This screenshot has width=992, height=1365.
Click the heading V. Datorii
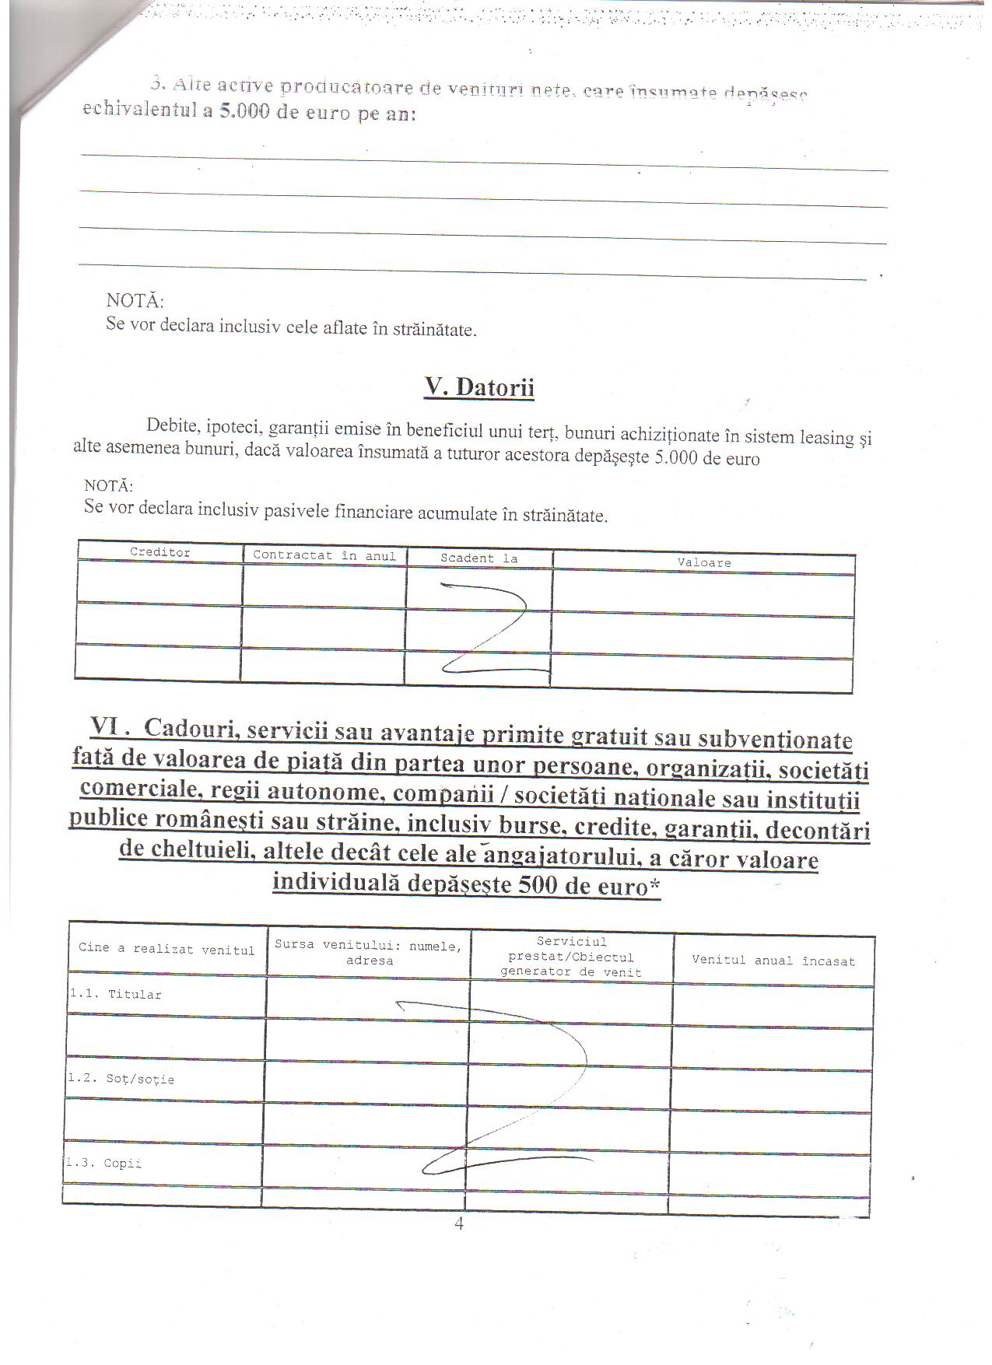[x=478, y=387]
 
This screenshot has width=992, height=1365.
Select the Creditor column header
[x=160, y=552]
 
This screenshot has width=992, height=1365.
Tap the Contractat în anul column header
[x=324, y=555]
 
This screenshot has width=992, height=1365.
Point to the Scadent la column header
[x=478, y=558]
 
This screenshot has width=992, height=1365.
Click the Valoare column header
[x=703, y=562]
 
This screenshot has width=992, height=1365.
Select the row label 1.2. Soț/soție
[x=121, y=1080]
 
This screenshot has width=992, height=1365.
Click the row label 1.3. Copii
[x=104, y=1164]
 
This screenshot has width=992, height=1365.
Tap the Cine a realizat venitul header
[x=167, y=950]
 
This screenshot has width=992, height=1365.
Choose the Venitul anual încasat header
[x=773, y=961]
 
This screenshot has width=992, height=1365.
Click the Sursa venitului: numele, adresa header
[x=369, y=953]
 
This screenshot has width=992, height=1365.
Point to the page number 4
[x=459, y=1223]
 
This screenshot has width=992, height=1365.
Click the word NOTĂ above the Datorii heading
[x=135, y=300]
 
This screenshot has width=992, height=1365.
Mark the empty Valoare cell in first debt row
[x=703, y=594]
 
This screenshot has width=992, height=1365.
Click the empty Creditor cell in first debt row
[x=159, y=583]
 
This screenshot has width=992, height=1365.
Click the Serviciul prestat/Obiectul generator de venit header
[x=571, y=957]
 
